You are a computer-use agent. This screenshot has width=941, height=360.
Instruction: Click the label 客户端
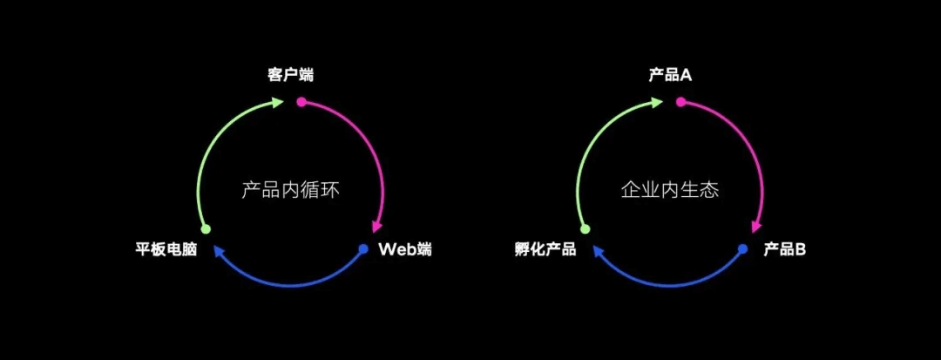pyautogui.click(x=290, y=75)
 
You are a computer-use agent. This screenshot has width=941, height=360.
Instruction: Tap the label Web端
pyautogui.click(x=404, y=250)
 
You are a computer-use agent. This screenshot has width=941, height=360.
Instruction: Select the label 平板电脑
pyautogui.click(x=166, y=251)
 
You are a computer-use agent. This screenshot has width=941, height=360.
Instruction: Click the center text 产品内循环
pyautogui.click(x=289, y=189)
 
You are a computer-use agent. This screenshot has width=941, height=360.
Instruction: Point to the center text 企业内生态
pyautogui.click(x=670, y=189)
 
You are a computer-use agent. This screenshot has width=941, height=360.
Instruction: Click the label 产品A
pyautogui.click(x=670, y=75)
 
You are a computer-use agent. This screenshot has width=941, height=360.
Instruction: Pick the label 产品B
pyautogui.click(x=784, y=250)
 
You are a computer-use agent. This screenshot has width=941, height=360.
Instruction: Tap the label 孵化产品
pyautogui.click(x=545, y=251)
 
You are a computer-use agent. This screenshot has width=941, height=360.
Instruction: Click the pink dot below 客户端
pyautogui.click(x=301, y=102)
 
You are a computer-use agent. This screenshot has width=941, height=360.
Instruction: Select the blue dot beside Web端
pyautogui.click(x=363, y=249)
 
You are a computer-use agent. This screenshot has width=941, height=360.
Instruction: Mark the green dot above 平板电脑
pyautogui.click(x=206, y=229)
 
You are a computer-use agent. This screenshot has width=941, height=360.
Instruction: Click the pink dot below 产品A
pyautogui.click(x=681, y=102)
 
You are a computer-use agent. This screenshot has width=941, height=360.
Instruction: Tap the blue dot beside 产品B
pyautogui.click(x=742, y=249)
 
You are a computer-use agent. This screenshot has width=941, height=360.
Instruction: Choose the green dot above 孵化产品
pyautogui.click(x=586, y=229)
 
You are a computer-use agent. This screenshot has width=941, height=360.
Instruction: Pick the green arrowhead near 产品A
pyautogui.click(x=657, y=102)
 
